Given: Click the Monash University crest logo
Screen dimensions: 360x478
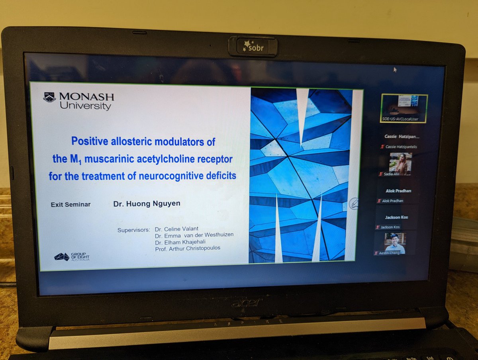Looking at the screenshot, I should click(49, 98).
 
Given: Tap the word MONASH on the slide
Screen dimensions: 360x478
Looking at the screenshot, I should click(86, 97).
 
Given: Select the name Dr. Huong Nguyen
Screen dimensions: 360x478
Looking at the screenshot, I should click(147, 203).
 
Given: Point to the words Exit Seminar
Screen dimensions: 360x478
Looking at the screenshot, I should click(71, 205).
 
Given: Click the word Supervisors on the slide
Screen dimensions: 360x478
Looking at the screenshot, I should click(133, 230).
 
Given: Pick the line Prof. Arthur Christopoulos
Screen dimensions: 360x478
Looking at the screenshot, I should click(187, 248).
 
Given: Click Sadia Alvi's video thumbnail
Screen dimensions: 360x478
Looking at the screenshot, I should click(400, 164).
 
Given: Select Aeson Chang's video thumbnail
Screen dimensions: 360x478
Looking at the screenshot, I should click(395, 243).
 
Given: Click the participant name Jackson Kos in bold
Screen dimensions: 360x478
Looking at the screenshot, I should click(396, 217).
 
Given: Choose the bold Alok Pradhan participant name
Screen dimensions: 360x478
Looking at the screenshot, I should click(398, 191).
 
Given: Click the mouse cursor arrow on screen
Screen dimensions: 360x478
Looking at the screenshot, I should click(395, 69).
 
